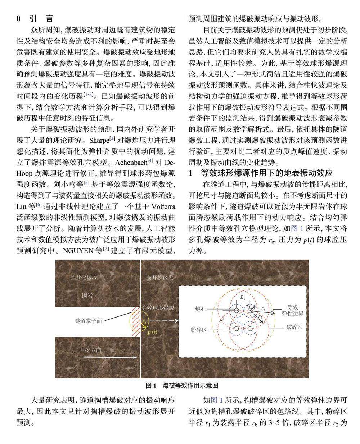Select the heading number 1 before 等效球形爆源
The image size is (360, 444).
pyautogui.click(x=190, y=173)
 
